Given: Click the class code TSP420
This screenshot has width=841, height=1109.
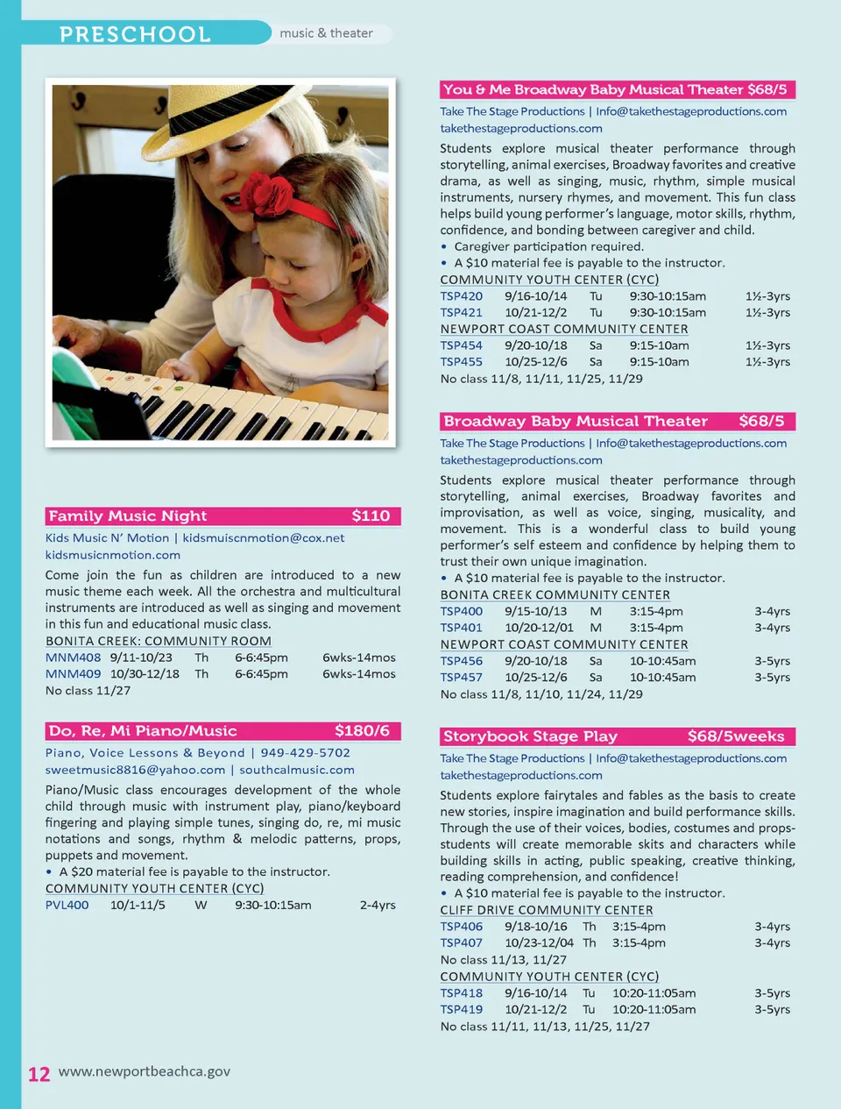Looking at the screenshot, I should (x=461, y=296).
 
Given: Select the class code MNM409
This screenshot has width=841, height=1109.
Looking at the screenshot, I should (x=73, y=674).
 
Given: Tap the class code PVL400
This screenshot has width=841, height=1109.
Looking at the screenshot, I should (x=67, y=905).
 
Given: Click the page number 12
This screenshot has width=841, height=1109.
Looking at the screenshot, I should (x=39, y=1074).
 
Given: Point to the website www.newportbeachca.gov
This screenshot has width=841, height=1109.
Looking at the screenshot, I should (x=145, y=1071).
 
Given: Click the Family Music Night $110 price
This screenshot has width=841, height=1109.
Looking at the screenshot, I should (x=371, y=516).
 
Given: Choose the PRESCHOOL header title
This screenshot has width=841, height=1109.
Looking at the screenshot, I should (x=135, y=34).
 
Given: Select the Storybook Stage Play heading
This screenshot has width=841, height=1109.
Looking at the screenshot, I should (x=530, y=736).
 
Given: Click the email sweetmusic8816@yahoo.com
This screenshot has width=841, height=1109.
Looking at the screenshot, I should (x=135, y=770).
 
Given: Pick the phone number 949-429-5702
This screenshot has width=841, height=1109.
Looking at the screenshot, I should (x=305, y=753).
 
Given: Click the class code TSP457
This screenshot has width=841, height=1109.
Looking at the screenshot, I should (x=461, y=678).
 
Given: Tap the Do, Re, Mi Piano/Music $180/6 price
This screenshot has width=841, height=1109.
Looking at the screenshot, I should (x=362, y=731).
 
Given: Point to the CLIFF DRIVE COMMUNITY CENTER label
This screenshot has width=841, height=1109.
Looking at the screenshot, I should (x=546, y=910).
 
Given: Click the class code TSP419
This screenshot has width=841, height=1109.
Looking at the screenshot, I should (x=461, y=1010).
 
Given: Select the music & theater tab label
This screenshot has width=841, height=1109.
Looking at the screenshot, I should (x=326, y=33).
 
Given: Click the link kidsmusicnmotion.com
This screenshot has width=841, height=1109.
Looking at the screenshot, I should (x=113, y=555).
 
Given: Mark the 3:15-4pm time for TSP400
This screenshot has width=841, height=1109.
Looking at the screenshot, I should (x=655, y=611).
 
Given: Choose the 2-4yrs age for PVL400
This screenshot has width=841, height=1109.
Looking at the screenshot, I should (x=378, y=905).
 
